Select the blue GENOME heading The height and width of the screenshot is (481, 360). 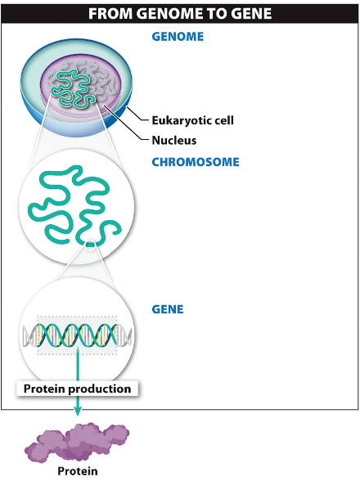[178, 37]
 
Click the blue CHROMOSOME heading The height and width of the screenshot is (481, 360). [196, 162]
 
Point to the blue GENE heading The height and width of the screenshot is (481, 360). [168, 309]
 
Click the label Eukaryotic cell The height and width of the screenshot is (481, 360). [193, 120]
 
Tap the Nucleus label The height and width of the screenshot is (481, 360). [174, 140]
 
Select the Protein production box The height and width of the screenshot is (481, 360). [77, 389]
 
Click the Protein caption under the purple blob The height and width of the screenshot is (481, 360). [78, 471]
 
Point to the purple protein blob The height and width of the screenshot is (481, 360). [77, 442]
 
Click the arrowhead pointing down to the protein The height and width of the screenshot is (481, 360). [78, 411]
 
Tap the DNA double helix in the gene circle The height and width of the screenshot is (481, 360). [78, 335]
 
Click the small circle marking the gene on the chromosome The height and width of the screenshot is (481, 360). [90, 245]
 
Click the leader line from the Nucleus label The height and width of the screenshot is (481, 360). [127, 123]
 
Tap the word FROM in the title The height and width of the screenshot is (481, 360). [110, 14]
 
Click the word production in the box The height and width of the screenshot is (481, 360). [100, 389]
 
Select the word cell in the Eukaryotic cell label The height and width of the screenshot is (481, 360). [223, 120]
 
